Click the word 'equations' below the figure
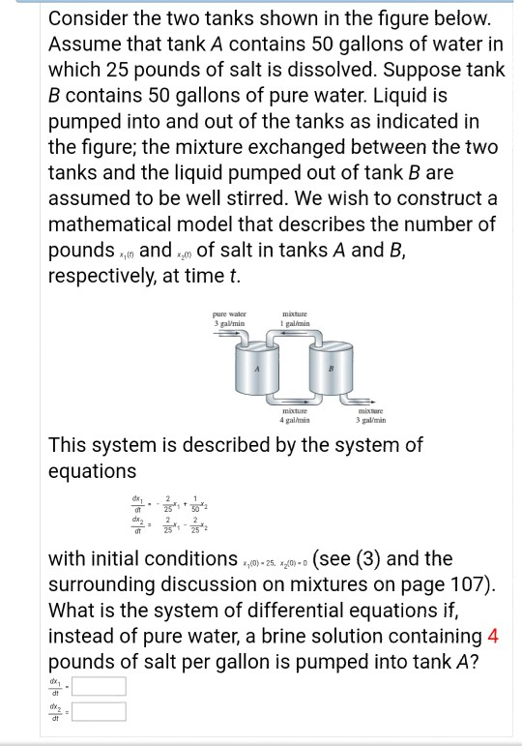93,471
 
